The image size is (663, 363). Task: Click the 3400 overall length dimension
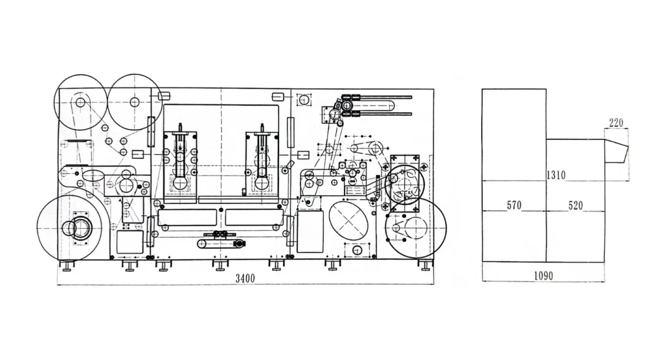[x=245, y=278]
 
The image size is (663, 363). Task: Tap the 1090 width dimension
[x=543, y=276]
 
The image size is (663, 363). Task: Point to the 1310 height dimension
[x=556, y=175]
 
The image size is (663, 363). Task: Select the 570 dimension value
[x=513, y=205]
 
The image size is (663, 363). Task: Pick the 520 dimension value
[x=576, y=205]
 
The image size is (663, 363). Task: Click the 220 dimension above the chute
[x=616, y=123]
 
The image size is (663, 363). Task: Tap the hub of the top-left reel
[x=80, y=102]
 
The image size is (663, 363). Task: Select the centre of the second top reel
[x=135, y=102]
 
